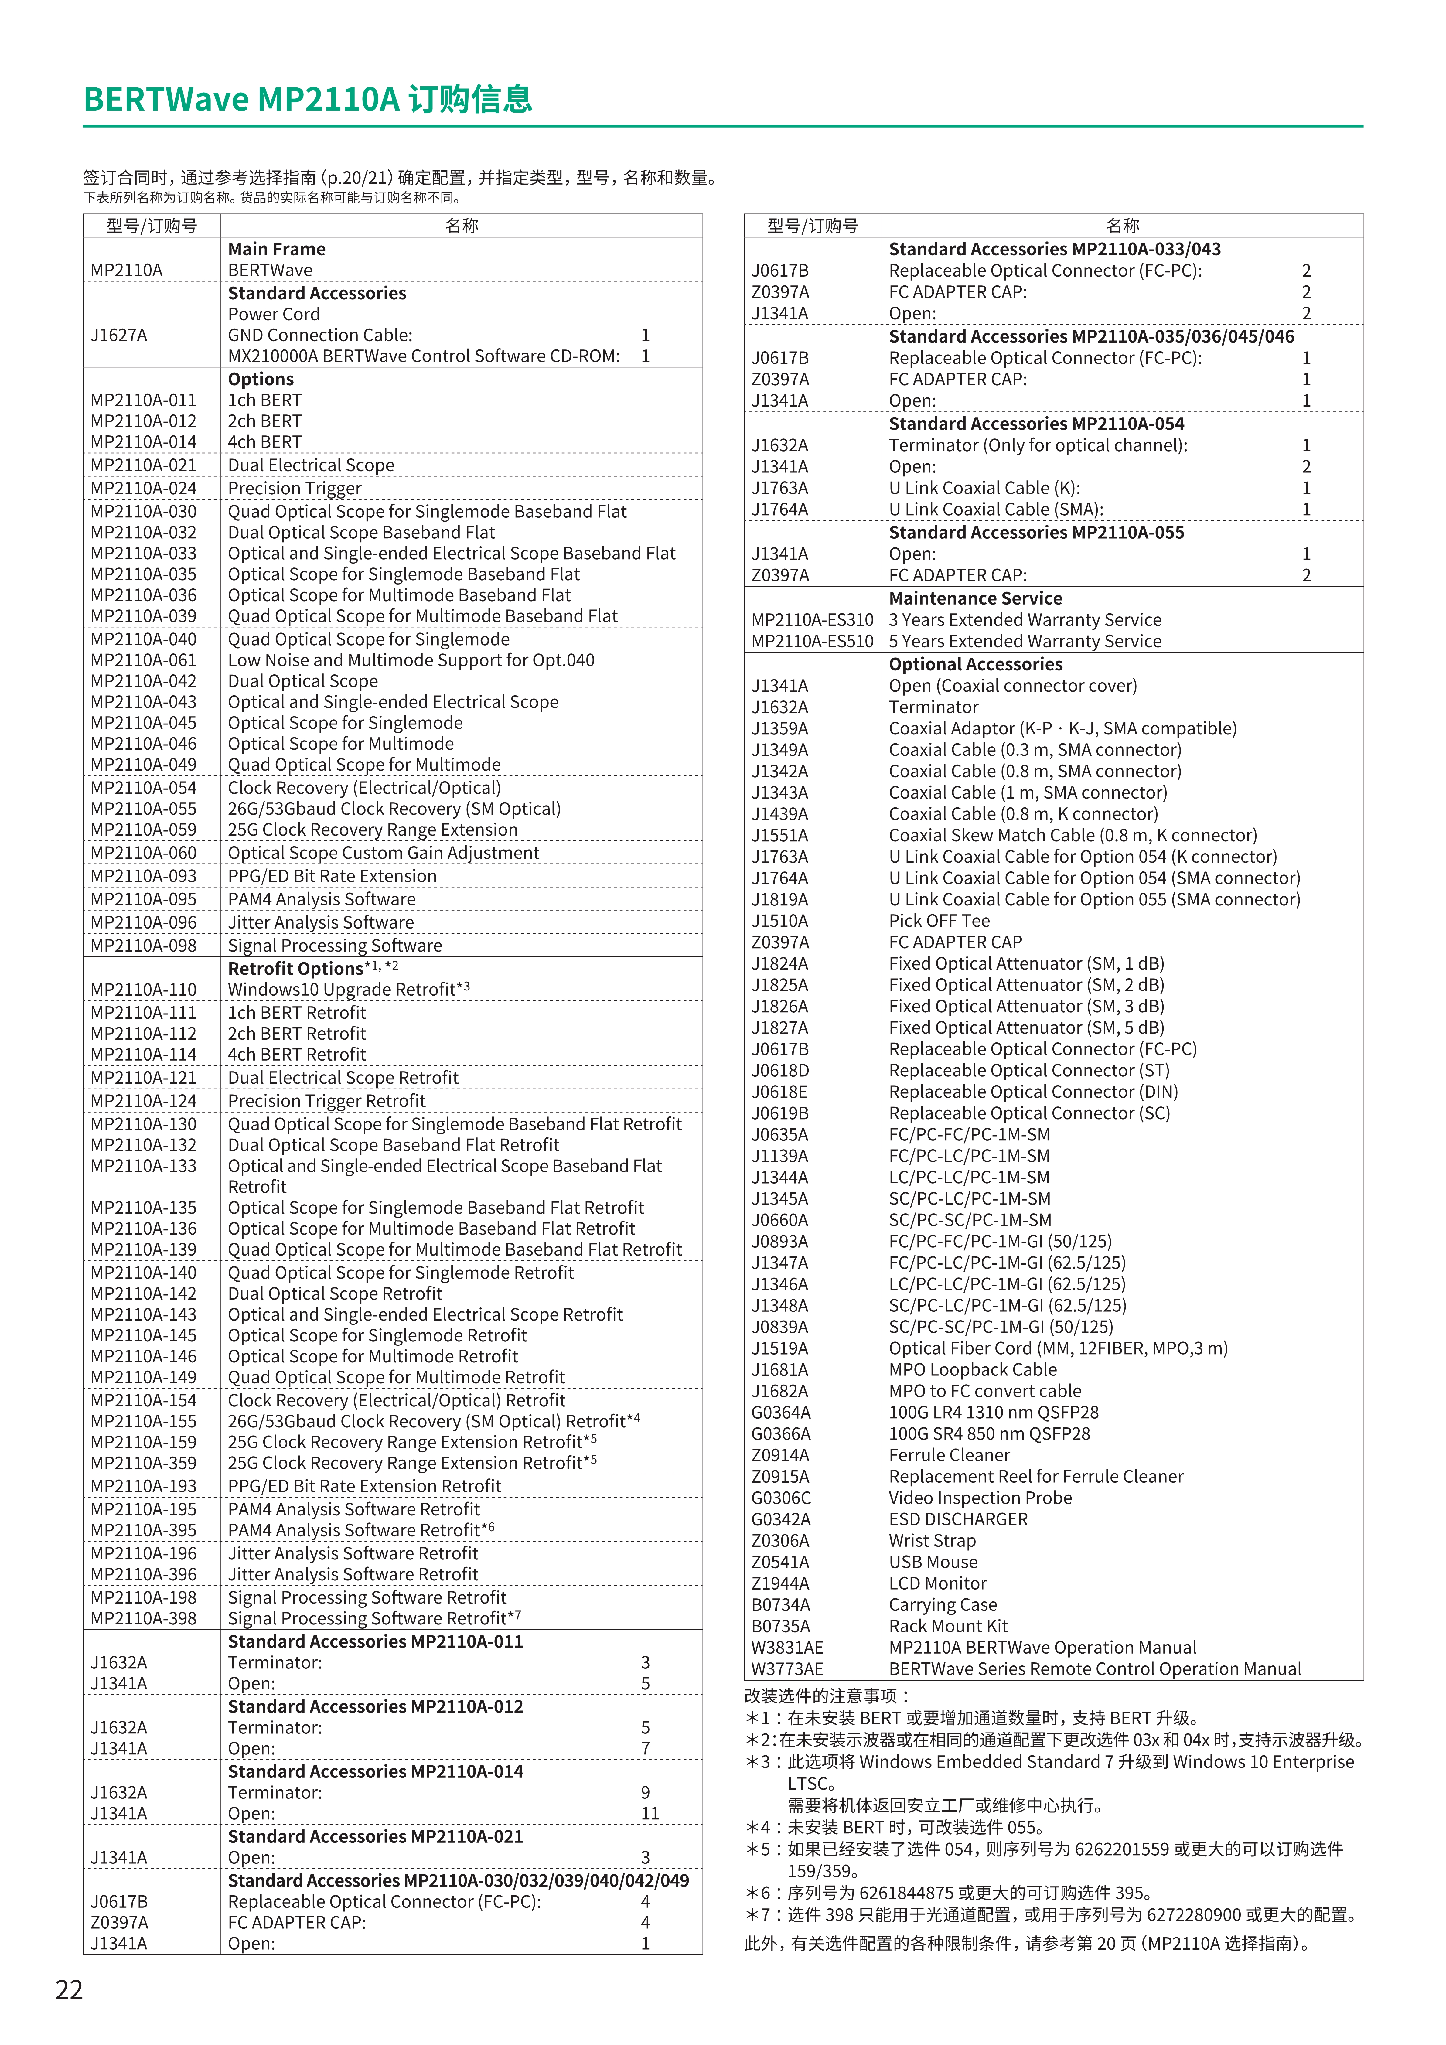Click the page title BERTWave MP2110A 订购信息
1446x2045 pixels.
[307, 99]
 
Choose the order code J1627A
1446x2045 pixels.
[118, 335]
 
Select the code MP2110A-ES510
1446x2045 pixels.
[812, 641]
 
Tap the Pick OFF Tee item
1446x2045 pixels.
[939, 921]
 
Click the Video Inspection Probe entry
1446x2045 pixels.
[980, 1498]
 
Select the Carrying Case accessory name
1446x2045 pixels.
[943, 1605]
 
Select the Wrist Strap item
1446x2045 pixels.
[932, 1541]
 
